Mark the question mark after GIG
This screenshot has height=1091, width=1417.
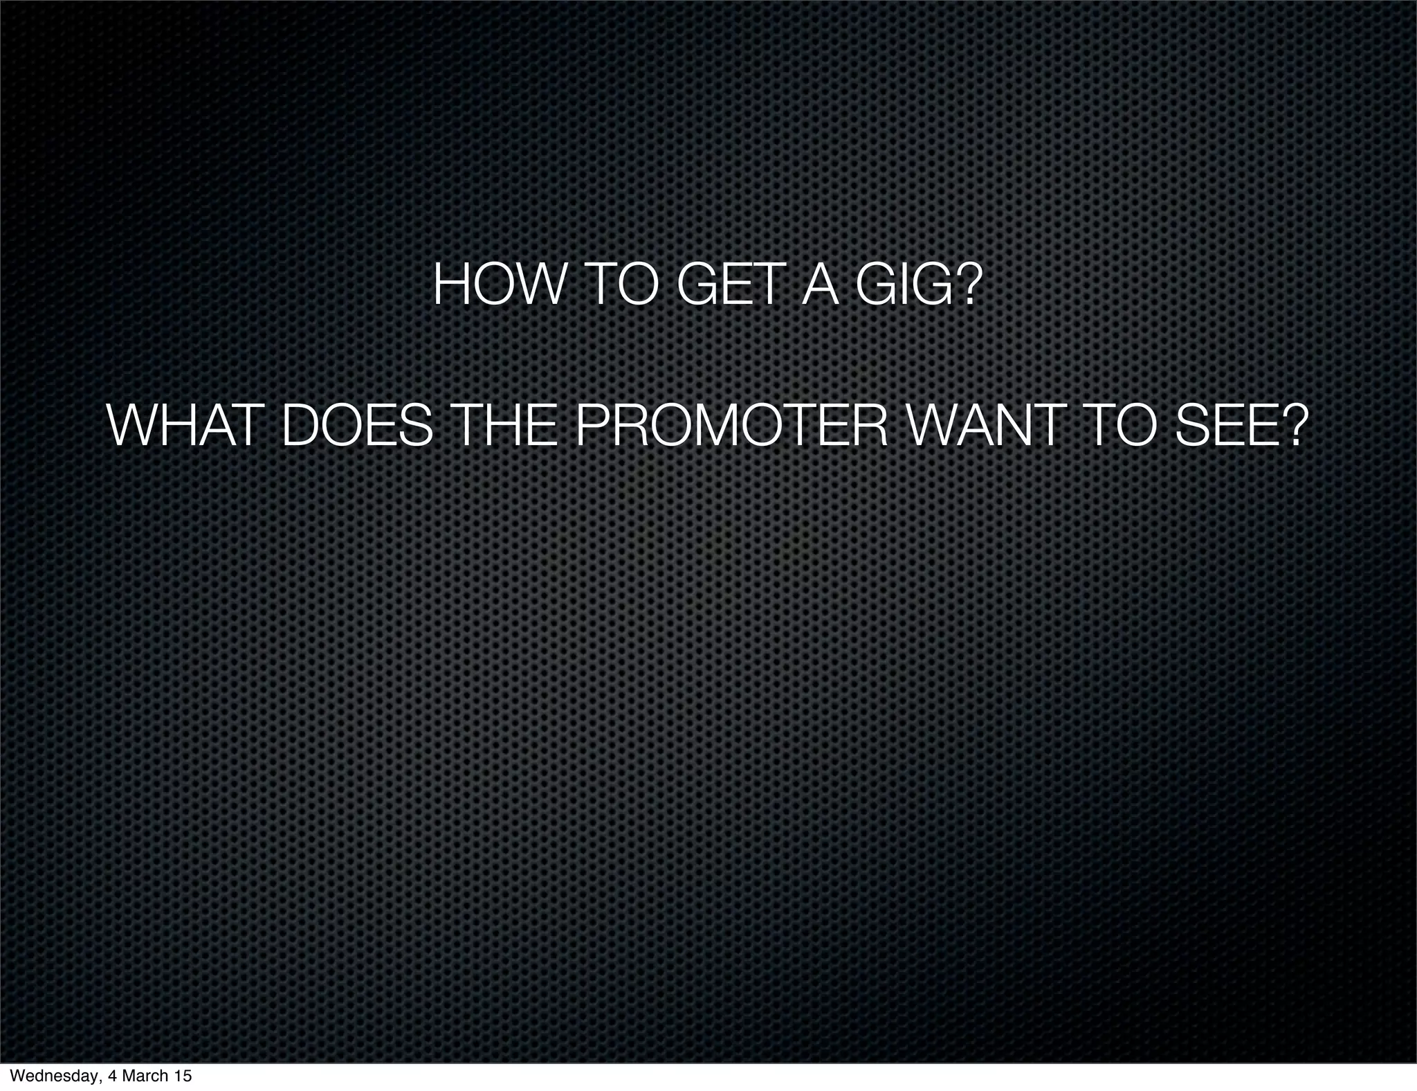[967, 286]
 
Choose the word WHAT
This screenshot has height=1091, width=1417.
[186, 427]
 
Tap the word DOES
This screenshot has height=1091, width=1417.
[358, 427]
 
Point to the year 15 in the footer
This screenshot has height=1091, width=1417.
[183, 1076]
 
